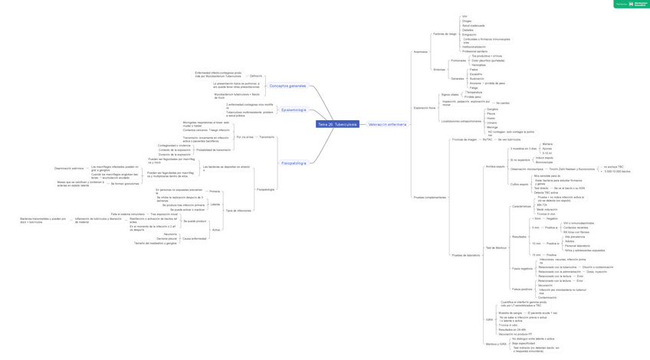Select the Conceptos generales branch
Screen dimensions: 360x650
pos(287,86)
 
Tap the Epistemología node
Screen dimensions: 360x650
pos(294,110)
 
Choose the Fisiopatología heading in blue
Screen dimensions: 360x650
pos(294,163)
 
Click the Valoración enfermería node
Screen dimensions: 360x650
pos(388,123)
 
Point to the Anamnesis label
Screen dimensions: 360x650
pos(420,52)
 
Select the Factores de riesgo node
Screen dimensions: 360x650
pos(445,34)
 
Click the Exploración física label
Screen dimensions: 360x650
pos(424,108)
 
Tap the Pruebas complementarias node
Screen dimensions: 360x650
pos(429,197)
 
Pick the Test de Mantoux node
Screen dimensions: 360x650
pos(496,247)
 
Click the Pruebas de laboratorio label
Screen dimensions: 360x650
pos(466,255)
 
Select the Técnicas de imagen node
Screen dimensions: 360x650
pos(465,140)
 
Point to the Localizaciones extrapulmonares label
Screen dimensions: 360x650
pos(461,121)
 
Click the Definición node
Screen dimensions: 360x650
pos(256,76)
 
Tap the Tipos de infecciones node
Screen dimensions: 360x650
pos(238,210)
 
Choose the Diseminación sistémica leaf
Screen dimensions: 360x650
pos(69,168)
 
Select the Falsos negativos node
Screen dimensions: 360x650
pos(522,269)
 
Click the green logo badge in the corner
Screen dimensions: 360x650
pos(631,5)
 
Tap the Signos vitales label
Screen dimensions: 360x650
pos(450,95)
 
